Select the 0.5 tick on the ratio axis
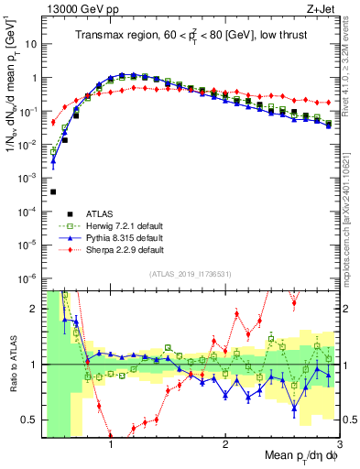[x=30, y=420]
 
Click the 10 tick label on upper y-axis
[x=29, y=43]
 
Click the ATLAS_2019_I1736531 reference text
[x=189, y=274]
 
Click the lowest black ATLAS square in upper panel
[x=53, y=191]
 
